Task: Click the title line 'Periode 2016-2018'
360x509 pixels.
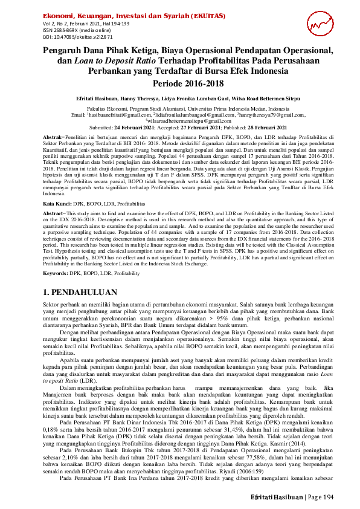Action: point(179,83)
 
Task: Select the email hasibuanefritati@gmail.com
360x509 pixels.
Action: point(119,114)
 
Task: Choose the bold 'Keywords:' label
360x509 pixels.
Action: point(59,274)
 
